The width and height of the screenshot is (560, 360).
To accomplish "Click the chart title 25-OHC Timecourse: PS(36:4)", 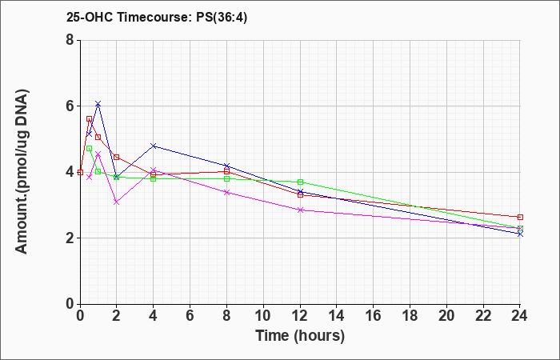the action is click(157, 18).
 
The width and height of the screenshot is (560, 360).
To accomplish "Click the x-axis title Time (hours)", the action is click(300, 336).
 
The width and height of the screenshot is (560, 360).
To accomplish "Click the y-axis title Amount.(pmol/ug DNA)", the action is click(22, 172).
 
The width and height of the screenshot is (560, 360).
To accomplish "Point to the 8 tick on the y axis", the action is click(70, 40).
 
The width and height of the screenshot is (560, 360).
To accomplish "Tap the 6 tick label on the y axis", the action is click(70, 106).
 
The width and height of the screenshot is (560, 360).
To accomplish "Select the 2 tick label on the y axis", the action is click(70, 238).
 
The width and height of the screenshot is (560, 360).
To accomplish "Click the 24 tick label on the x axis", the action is click(519, 316).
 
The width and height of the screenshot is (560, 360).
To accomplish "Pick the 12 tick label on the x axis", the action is click(300, 316).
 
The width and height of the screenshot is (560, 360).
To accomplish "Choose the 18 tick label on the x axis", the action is click(410, 316).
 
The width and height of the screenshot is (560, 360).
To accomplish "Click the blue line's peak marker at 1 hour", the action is click(98, 103).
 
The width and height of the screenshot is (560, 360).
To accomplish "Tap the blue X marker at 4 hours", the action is click(154, 146).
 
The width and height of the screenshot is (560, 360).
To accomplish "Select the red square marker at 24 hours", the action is click(520, 217).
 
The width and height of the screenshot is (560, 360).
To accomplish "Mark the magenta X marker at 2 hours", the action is click(116, 202).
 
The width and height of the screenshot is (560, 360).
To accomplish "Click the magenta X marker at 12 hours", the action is click(300, 210).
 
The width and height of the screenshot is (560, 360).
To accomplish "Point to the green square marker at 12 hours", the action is click(300, 182).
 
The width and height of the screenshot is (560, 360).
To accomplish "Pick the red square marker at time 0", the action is click(80, 172).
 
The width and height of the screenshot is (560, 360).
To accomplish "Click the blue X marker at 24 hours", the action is click(520, 234).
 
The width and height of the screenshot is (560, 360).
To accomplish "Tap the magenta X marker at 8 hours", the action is click(226, 192).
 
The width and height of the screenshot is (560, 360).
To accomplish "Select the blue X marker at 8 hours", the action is click(226, 166).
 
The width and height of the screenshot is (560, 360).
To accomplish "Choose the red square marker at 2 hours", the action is click(116, 157).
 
